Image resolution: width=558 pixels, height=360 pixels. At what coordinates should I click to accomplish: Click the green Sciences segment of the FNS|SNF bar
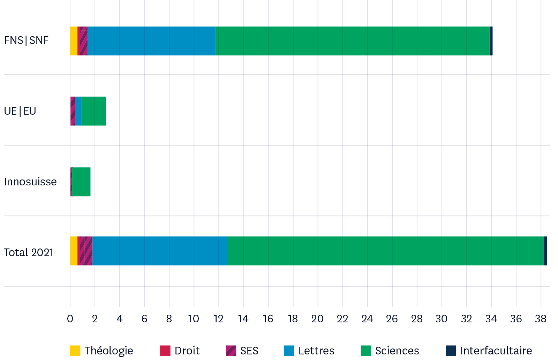pos(352,41)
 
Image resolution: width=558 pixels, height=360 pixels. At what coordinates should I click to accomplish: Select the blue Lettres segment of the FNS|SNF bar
pos(151,41)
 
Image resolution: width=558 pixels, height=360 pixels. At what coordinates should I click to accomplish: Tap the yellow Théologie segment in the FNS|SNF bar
pos(74,41)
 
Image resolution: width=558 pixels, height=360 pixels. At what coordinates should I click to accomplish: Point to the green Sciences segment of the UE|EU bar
pos(93,111)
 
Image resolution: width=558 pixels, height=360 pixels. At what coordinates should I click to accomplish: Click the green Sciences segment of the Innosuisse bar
pos(81,182)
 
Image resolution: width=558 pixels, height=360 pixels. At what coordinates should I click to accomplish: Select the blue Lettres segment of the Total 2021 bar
pos(159,251)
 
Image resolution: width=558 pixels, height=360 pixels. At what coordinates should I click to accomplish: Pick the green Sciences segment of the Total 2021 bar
pos(385,251)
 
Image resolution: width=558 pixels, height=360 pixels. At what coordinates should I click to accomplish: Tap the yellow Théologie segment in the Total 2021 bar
pos(74,251)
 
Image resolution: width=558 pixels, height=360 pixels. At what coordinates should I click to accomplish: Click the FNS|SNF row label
pos(26,40)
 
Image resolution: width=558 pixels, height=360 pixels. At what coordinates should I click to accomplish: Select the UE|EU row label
pos(20,111)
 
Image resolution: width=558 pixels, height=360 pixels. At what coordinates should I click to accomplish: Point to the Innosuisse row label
pos(30,182)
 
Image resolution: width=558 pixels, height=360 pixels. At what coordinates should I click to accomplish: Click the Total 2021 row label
pos(29,252)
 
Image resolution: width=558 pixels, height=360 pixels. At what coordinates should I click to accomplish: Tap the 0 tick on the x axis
pos(70,319)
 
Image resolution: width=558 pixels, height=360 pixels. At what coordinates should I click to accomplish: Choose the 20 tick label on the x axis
pos(317,319)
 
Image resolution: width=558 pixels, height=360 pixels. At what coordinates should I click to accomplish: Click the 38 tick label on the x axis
pos(541,319)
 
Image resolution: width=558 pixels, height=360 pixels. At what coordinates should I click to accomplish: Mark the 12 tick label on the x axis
pos(218,319)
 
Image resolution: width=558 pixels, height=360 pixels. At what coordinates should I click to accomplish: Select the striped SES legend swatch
pos(231,351)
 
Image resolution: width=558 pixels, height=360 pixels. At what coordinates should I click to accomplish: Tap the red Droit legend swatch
pos(165,351)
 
